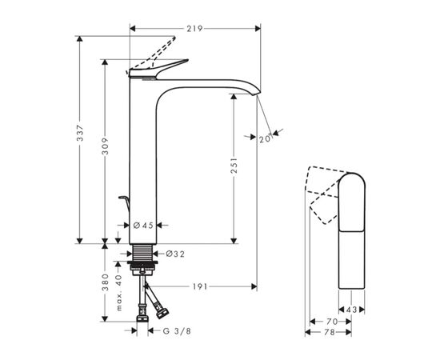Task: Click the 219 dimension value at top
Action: [x=193, y=28]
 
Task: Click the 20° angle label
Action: [x=265, y=138]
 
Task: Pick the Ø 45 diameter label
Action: [x=143, y=226]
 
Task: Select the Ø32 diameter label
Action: [x=176, y=254]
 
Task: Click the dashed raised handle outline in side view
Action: [x=160, y=50]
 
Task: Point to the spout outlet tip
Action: [x=257, y=95]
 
